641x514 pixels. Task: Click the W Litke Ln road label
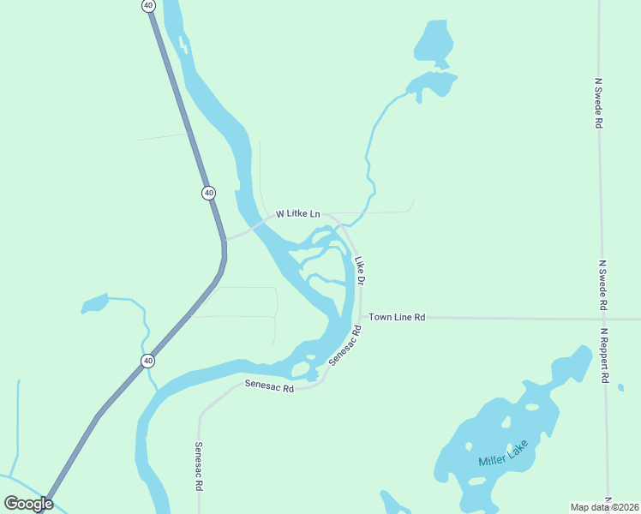pos(297,213)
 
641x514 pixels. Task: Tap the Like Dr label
pos(361,270)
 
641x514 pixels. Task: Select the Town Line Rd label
pos(397,317)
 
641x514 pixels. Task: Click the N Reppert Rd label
pos(604,355)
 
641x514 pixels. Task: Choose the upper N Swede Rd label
pos(598,103)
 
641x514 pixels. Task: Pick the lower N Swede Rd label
pos(603,285)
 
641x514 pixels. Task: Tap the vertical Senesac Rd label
pos(199,465)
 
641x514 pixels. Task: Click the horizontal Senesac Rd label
pos(269,387)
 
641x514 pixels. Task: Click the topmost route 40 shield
pos(149,5)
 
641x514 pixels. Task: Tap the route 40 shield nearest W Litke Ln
pos(209,193)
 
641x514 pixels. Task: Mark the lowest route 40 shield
pos(148,361)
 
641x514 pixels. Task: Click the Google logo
pos(29,504)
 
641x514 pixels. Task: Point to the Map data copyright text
pos(605,506)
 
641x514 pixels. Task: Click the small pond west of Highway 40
pos(94,303)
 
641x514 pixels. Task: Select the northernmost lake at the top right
pos(434,41)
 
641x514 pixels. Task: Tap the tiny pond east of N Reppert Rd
pos(620,387)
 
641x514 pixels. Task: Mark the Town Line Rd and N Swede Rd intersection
pos(602,319)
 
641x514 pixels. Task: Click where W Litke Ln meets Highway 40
pos(225,240)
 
